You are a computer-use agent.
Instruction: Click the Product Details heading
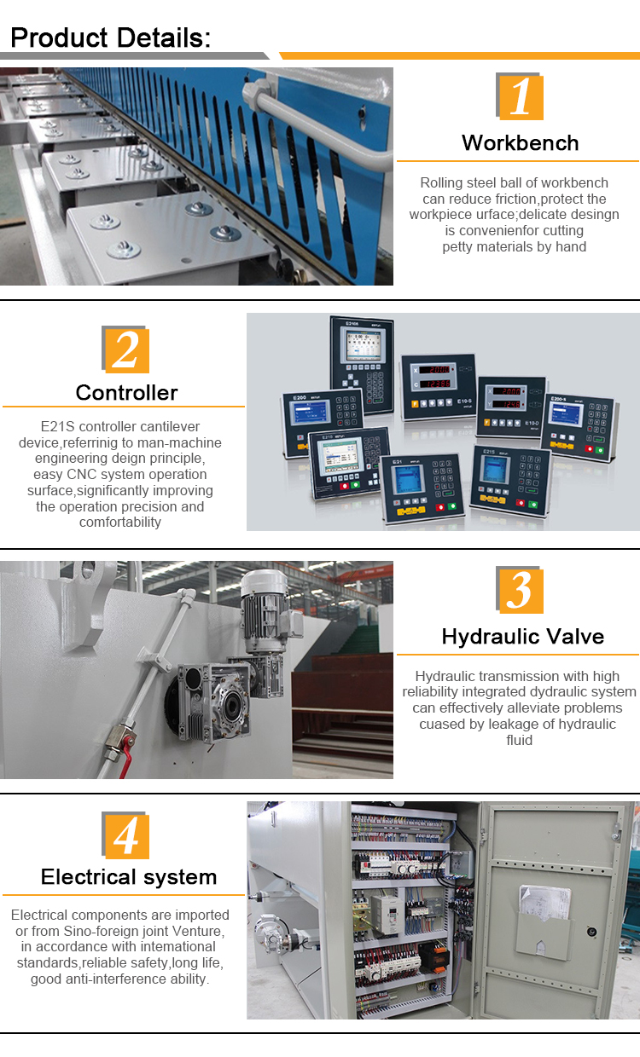pos(110,38)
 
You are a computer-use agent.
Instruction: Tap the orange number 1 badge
pos(520,95)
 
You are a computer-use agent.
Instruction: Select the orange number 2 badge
pos(125,349)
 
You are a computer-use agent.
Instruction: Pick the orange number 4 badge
pos(125,835)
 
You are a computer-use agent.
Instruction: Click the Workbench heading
pos(520,142)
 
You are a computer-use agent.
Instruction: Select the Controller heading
pos(126,392)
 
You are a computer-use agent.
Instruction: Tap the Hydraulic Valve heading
pos(522,636)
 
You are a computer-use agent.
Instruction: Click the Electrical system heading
pos(129,876)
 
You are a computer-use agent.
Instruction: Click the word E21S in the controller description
pos(58,426)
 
